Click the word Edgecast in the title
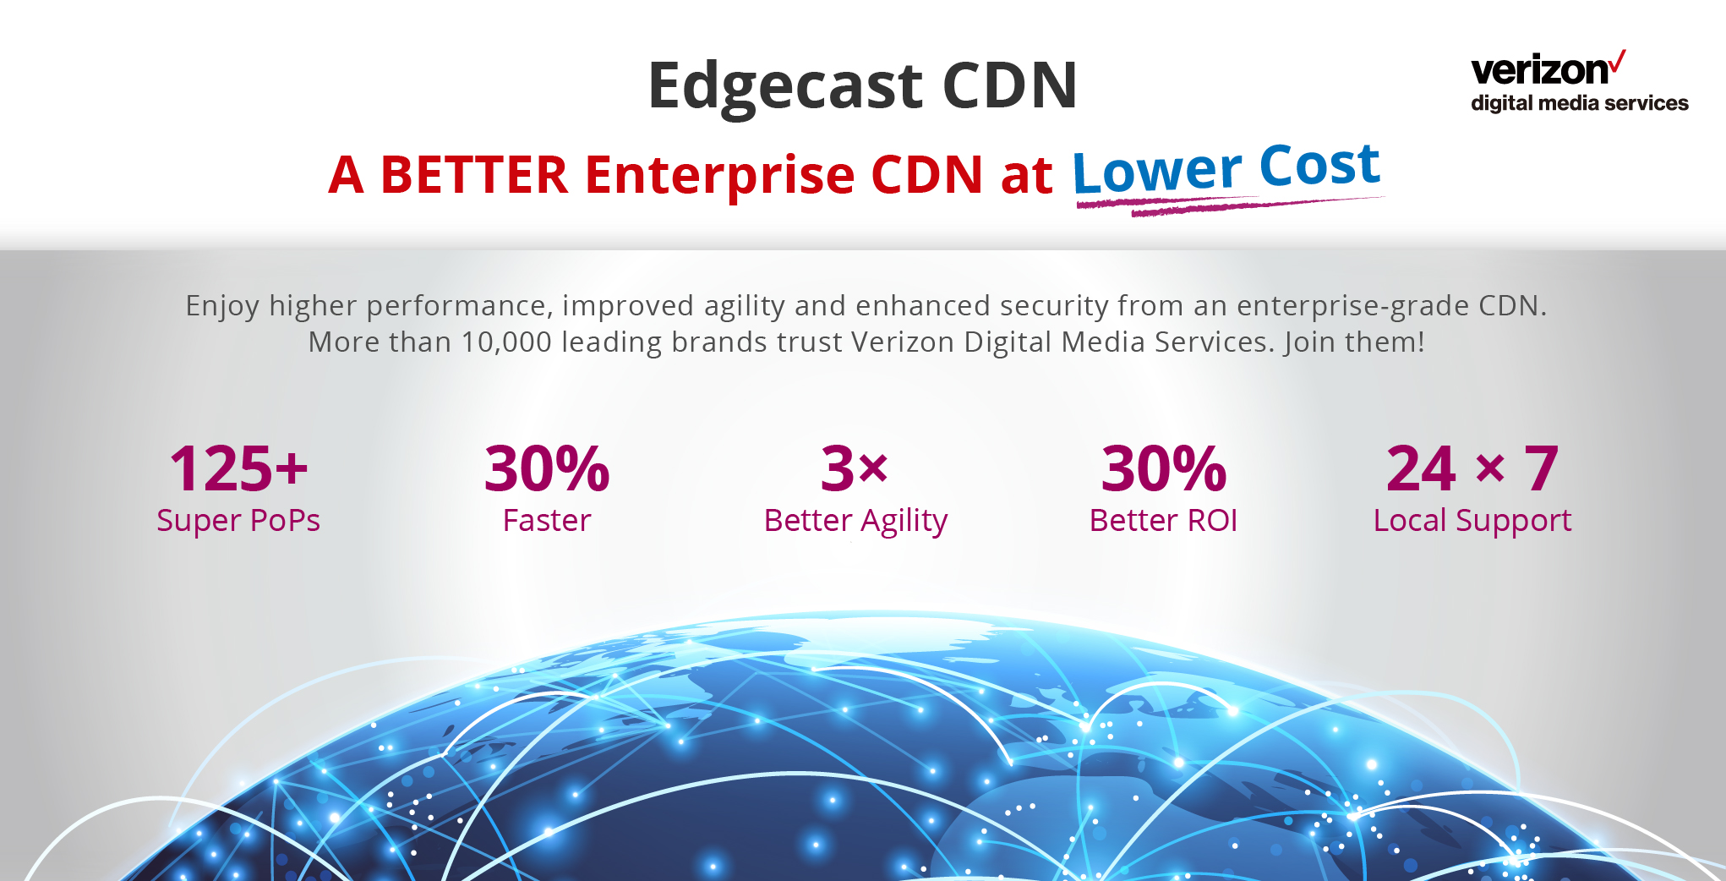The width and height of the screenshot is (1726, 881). click(785, 87)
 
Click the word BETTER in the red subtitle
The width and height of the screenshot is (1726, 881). click(474, 175)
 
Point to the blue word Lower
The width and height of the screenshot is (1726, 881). click(1157, 171)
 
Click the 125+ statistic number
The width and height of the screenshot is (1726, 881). click(238, 468)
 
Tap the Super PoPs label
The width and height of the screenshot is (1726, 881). click(238, 521)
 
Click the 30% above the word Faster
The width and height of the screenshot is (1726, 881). click(547, 468)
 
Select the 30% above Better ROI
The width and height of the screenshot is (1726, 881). click(1164, 468)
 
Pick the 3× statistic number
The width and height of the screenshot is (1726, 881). click(855, 468)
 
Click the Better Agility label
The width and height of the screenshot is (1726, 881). click(855, 521)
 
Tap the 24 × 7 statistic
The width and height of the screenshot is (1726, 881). click(1472, 468)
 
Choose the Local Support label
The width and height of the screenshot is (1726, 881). click(1472, 521)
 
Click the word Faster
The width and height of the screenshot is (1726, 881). click(547, 521)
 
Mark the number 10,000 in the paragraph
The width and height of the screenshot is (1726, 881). click(506, 342)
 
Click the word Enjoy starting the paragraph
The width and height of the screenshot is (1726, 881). click(222, 306)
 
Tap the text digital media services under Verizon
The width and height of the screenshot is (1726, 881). click(1580, 103)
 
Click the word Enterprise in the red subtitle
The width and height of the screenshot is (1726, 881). click(720, 176)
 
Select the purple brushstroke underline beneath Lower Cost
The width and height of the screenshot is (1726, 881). click(1230, 205)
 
